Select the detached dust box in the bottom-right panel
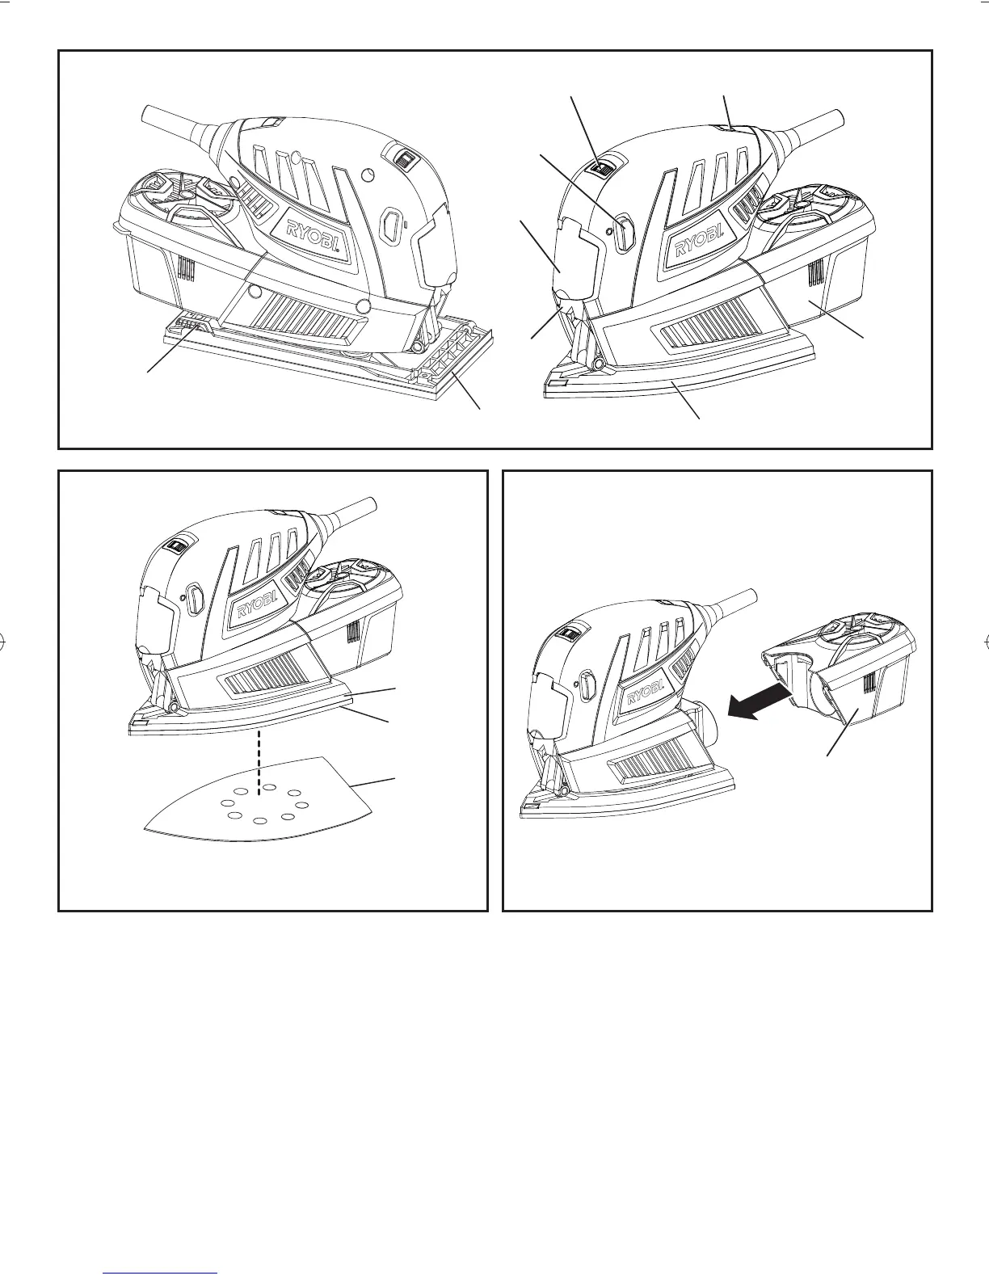848,687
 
